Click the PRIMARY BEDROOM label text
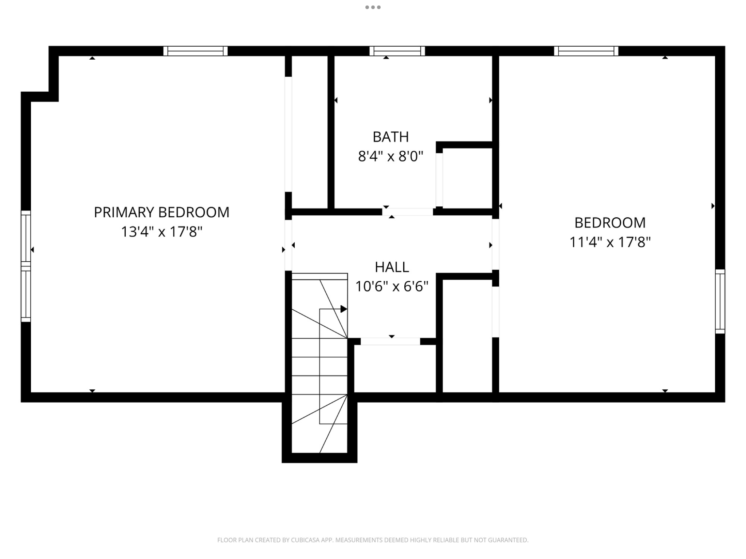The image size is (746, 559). click(x=161, y=212)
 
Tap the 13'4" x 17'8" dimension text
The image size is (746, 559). click(x=161, y=231)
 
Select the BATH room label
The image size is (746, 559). click(x=390, y=137)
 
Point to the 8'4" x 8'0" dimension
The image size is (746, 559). click(x=390, y=156)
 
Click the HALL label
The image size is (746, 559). click(x=392, y=267)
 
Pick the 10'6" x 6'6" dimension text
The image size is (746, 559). click(x=392, y=286)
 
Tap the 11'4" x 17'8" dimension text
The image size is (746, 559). click(x=610, y=242)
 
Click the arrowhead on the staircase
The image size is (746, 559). click(x=343, y=309)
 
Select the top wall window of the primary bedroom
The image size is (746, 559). click(x=195, y=51)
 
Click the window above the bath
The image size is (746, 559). click(x=397, y=51)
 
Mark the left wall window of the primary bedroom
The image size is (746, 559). click(x=25, y=266)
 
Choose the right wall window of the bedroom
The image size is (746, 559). click(x=720, y=301)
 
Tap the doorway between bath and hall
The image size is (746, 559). click(x=407, y=212)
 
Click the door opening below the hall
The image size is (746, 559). click(x=390, y=341)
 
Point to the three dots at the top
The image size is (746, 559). click(x=373, y=7)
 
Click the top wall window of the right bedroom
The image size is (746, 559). click(x=586, y=51)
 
